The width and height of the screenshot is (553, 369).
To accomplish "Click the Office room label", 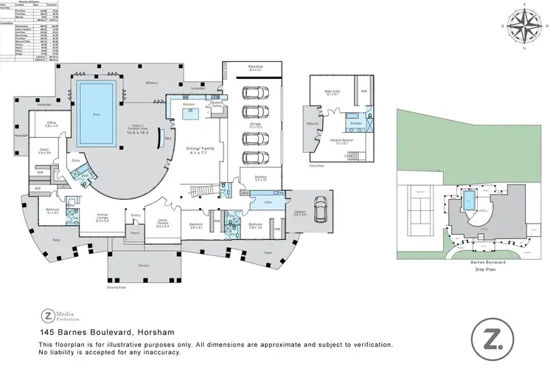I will [51, 123].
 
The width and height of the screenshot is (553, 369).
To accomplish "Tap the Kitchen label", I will [188, 105].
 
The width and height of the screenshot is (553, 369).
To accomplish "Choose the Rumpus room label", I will [260, 177].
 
